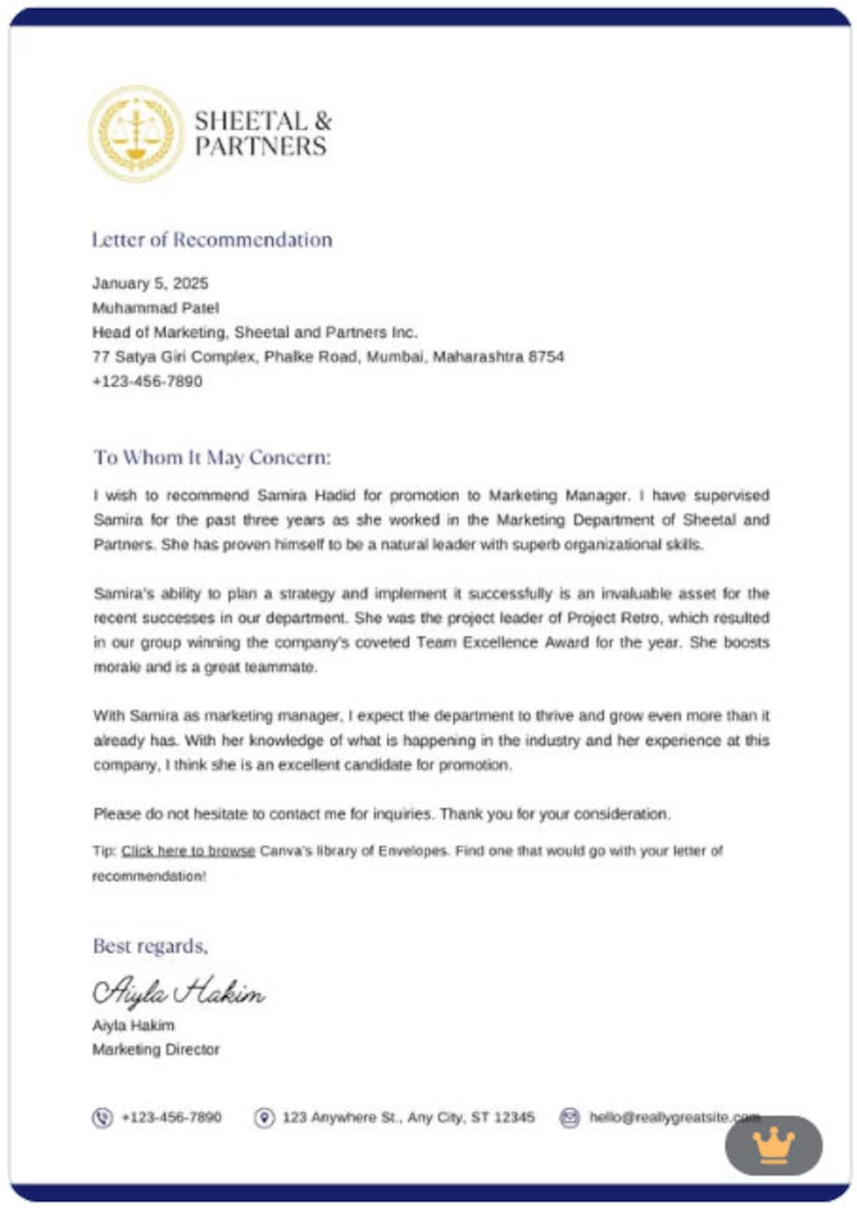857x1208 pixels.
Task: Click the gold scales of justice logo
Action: (136, 134)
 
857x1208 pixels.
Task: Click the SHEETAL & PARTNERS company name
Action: (262, 134)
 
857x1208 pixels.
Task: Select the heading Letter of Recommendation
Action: (212, 240)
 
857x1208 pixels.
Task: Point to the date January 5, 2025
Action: (150, 283)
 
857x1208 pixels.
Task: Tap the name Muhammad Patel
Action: (156, 308)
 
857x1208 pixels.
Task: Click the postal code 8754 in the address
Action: (547, 357)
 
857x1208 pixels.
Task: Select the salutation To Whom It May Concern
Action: (212, 458)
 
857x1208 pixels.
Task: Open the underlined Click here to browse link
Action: (188, 851)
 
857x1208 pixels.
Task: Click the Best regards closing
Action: (150, 946)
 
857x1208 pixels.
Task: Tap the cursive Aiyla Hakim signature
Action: (178, 992)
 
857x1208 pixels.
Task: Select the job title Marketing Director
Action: (156, 1049)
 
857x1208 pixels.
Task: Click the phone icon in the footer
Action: (102, 1118)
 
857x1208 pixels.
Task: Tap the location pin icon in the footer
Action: (264, 1118)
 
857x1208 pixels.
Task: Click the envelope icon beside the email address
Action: (570, 1118)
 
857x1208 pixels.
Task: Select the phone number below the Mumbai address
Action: (147, 382)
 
